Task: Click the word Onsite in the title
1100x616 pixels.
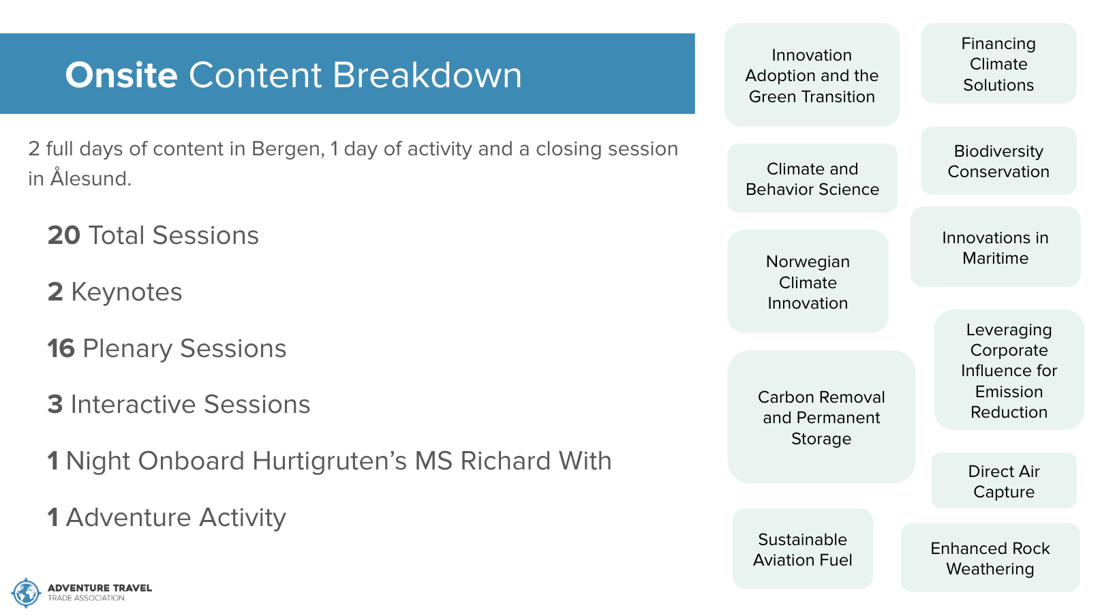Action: (x=121, y=75)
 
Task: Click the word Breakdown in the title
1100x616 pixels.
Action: (x=427, y=75)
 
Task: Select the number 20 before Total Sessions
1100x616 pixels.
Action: (x=64, y=235)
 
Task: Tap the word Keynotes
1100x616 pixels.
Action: (x=127, y=292)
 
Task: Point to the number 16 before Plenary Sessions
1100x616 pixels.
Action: (x=61, y=348)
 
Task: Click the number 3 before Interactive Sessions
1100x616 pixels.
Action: (x=55, y=405)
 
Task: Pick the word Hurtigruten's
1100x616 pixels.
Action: (x=330, y=461)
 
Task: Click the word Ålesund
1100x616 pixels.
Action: (x=91, y=178)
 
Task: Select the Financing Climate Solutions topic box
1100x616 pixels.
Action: (x=998, y=63)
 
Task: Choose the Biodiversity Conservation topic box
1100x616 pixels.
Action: (x=998, y=161)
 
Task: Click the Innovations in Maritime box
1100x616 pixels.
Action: (x=996, y=247)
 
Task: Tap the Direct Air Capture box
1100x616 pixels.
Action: (x=1004, y=480)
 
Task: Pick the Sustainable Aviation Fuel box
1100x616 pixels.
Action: (x=802, y=549)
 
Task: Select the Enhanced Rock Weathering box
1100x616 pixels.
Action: (x=990, y=557)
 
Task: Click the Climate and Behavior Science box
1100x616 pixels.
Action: (x=812, y=178)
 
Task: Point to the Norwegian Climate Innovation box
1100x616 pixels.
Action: (x=808, y=281)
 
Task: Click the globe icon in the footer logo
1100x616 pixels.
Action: (x=25, y=593)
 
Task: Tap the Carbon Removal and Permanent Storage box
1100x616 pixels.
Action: (x=821, y=417)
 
